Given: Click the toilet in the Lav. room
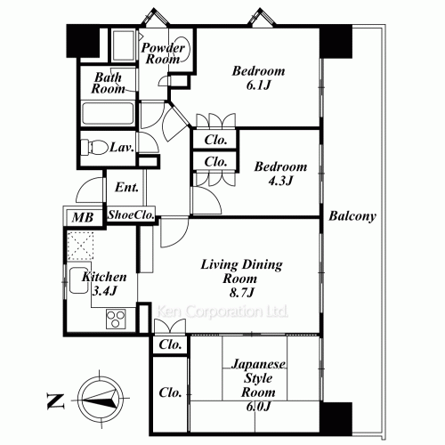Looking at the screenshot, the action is (x=95, y=148).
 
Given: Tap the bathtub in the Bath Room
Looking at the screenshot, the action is (x=108, y=113).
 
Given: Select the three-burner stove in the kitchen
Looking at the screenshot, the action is (x=116, y=319).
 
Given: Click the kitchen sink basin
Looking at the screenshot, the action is (x=78, y=280).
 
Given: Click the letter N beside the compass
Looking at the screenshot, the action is (x=56, y=401).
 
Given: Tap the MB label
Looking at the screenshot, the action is (x=83, y=217).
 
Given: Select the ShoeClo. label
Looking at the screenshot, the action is (x=131, y=214).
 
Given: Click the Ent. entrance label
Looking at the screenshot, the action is (x=126, y=187).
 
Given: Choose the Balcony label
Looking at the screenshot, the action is (x=352, y=216).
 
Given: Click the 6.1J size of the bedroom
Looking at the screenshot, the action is (x=258, y=85).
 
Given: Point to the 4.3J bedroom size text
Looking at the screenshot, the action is (x=280, y=181).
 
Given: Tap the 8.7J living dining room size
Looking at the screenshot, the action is (x=242, y=293).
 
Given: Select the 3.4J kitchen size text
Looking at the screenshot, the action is (x=104, y=291).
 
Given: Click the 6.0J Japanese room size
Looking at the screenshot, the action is (x=258, y=406).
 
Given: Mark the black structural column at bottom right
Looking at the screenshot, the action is (x=336, y=418).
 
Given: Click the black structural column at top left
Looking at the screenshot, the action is (x=83, y=41).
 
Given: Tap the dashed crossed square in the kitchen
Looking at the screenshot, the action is (x=80, y=246).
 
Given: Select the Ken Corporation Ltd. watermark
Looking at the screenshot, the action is (x=222, y=311).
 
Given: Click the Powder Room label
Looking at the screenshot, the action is (x=163, y=53).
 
